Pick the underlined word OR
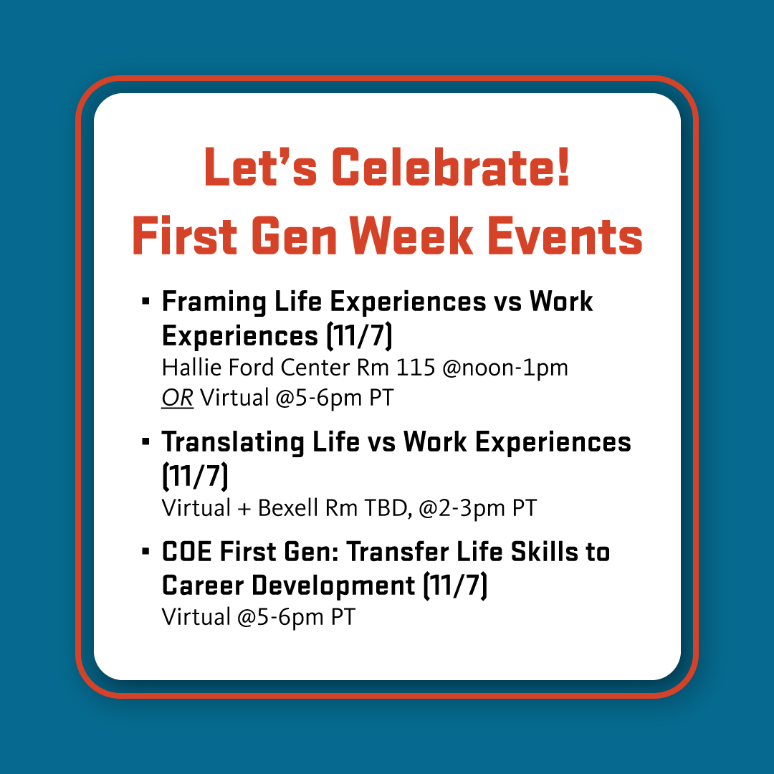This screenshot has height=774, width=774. (177, 397)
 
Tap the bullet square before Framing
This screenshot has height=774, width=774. (146, 301)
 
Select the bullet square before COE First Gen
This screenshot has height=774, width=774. (146, 552)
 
